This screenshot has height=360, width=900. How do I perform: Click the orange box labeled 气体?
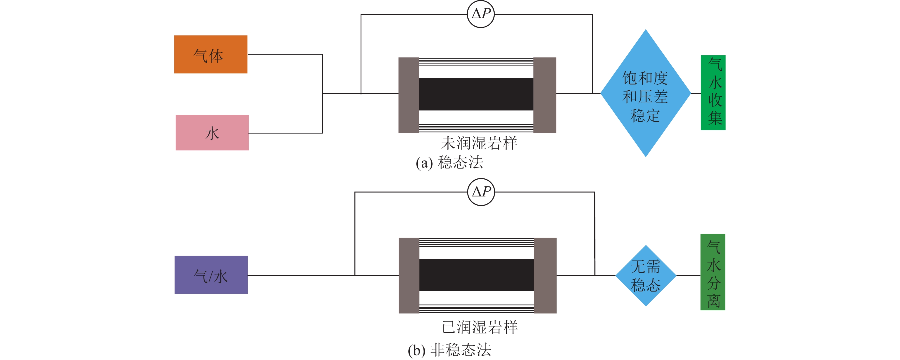211,54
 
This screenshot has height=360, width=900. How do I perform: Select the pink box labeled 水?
212,132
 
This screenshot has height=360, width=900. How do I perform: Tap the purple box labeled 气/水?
211,275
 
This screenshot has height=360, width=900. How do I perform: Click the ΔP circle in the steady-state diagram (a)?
481,14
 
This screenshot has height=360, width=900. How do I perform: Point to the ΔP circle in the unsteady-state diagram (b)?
481,192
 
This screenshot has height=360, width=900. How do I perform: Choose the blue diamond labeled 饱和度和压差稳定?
645,93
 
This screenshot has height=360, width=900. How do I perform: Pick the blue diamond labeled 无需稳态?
646,275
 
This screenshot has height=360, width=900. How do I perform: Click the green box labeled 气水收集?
713,93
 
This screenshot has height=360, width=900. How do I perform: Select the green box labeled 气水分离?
713,272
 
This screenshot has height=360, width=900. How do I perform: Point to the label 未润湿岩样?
479,143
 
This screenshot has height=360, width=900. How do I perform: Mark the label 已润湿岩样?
479,327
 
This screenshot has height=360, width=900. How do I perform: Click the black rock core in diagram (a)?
476,94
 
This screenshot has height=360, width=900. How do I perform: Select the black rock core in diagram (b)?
476,275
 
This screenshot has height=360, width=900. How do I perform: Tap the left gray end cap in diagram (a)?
408,95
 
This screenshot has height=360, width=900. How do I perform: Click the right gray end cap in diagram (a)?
545,95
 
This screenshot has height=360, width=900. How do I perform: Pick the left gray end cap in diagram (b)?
409,275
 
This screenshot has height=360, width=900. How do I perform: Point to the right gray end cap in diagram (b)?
545,275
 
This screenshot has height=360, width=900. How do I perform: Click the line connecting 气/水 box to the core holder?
301,275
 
